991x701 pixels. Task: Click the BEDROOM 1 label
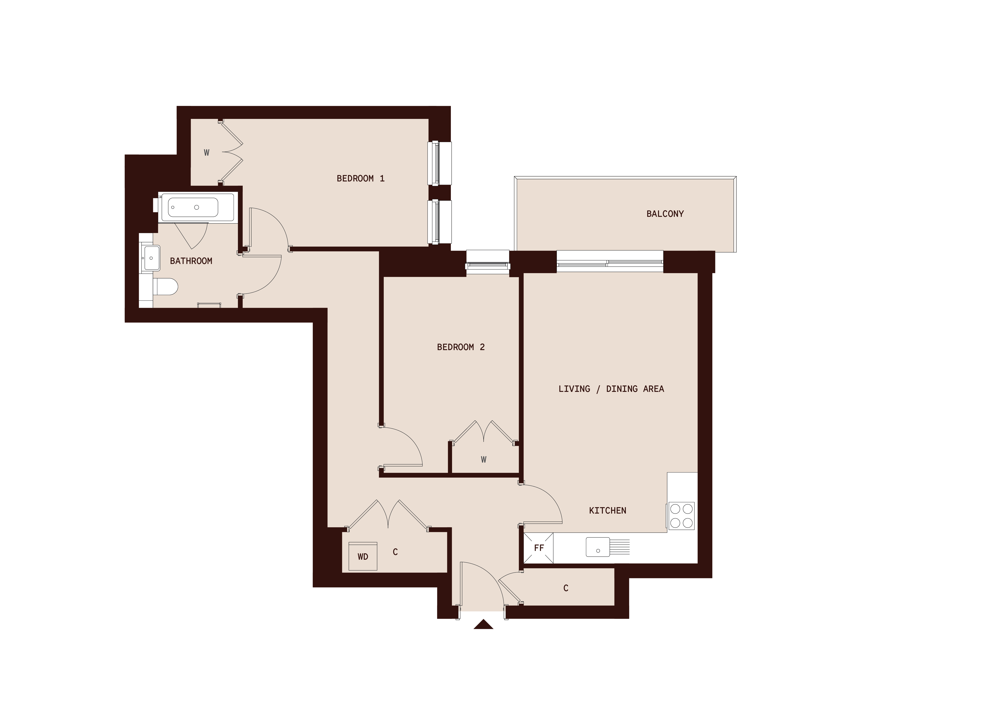click(x=360, y=178)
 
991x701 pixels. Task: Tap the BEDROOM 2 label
click(x=460, y=347)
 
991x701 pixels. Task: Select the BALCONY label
click(x=665, y=214)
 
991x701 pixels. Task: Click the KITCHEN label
click(x=607, y=511)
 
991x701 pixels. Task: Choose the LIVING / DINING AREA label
click(x=611, y=389)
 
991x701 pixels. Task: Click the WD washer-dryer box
click(x=363, y=556)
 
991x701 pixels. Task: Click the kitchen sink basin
click(x=598, y=547)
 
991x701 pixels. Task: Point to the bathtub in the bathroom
click(x=193, y=208)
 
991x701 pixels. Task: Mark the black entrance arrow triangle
click(x=483, y=625)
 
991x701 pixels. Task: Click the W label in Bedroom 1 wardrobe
click(x=207, y=152)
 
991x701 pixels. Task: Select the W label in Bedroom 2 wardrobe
click(x=483, y=460)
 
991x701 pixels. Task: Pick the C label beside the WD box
click(x=395, y=552)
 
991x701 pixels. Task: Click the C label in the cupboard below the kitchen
click(x=566, y=588)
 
